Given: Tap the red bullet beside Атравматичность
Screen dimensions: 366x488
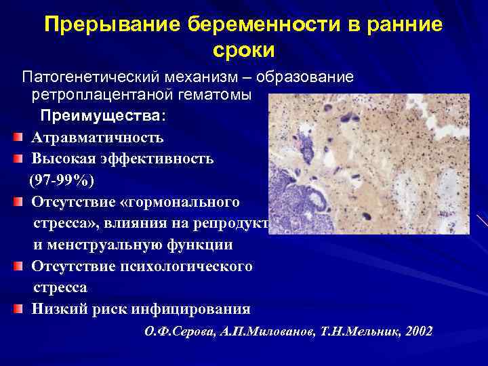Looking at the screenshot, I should pos(18,138).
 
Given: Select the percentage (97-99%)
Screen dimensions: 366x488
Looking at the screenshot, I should pos(62,181).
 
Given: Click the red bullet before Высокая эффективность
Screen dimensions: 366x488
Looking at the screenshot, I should pos(18,160).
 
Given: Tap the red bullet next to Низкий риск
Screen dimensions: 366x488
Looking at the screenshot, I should pos(18,309).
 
